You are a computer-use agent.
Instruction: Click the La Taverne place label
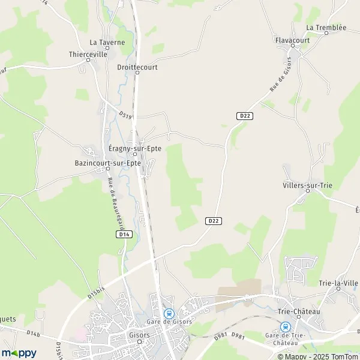(x=107, y=43)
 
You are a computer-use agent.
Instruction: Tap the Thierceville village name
(x=88, y=53)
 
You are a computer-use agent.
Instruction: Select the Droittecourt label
(x=137, y=68)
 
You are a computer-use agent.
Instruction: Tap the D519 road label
(x=125, y=114)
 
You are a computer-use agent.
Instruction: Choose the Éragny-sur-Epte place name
(x=135, y=148)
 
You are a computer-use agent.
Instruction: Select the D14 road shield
(x=124, y=235)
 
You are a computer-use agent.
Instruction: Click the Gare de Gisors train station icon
(x=169, y=313)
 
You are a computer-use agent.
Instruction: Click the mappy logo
(x=19, y=353)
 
